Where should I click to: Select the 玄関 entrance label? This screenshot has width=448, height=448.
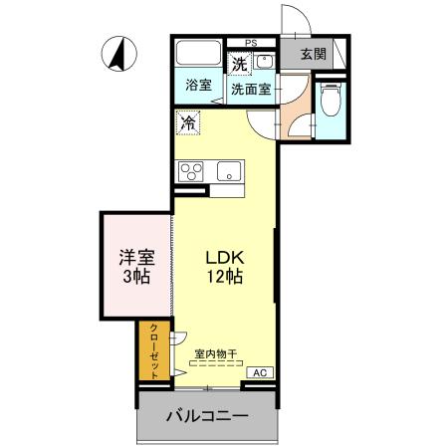(x=314, y=54)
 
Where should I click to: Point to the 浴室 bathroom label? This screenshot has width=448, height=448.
(x=198, y=85)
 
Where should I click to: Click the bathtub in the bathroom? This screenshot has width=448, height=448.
(x=198, y=56)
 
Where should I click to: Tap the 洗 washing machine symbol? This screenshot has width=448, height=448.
(x=240, y=64)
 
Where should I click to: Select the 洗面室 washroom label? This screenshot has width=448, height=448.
(x=252, y=88)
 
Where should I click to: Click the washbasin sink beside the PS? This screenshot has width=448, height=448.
(x=266, y=62)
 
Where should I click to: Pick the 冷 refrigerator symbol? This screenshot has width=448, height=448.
(x=187, y=122)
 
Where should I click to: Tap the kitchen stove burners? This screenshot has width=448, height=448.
(x=190, y=171)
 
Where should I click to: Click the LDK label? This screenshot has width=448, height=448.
(x=225, y=256)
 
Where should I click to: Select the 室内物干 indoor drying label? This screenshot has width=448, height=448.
(x=216, y=353)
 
